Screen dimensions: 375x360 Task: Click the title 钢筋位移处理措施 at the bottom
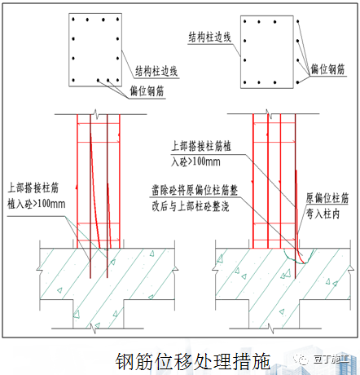(192, 360)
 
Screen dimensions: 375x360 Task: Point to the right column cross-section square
(268, 60)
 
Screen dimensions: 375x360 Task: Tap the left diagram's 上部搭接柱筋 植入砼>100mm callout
(37, 192)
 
